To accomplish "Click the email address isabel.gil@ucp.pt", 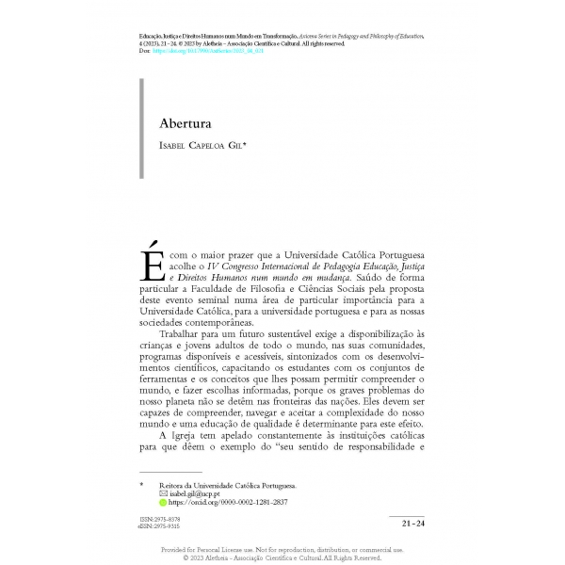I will [195, 493].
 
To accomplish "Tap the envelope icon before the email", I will [163, 493].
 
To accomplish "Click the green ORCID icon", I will [163, 503].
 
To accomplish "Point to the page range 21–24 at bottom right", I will [412, 523].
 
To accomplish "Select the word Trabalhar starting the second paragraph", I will [183, 333].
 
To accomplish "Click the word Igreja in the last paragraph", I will [190, 435].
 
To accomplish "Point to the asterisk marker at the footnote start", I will [141, 484].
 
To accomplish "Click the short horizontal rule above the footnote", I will [170, 472].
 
